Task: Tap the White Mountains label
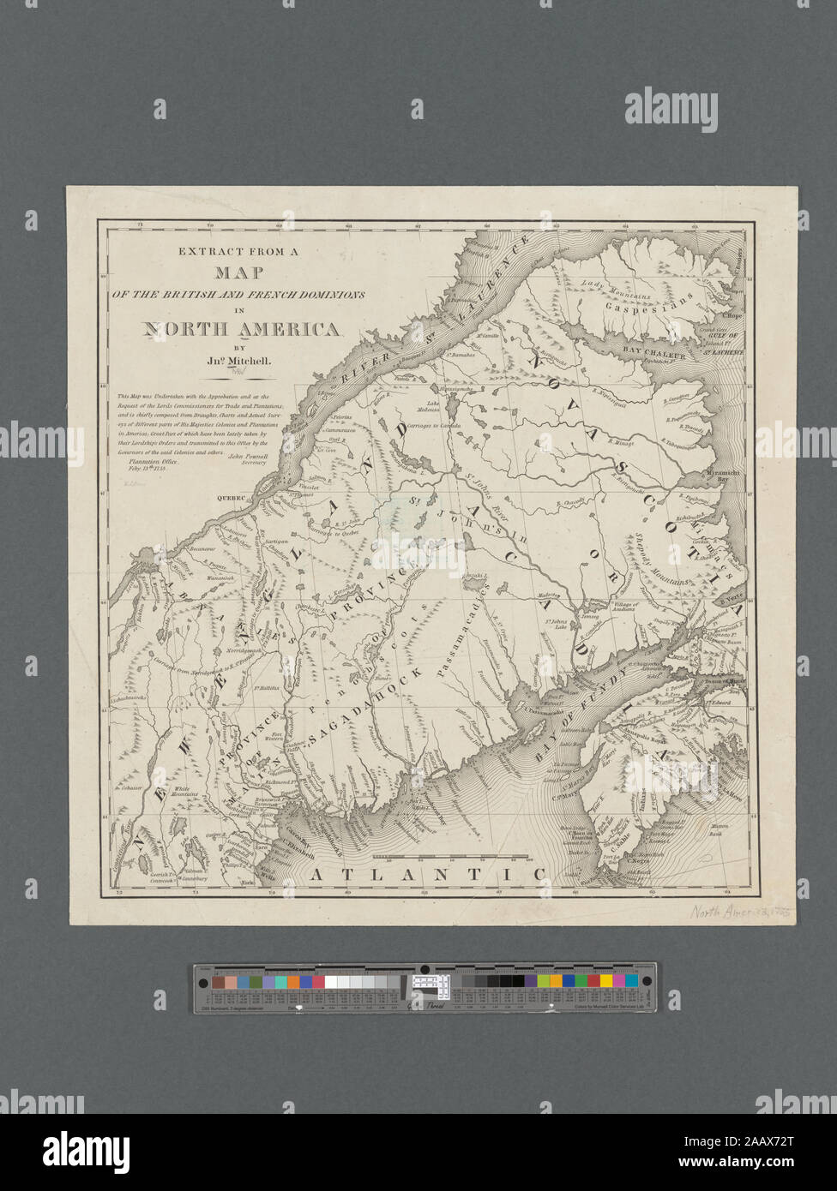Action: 186,793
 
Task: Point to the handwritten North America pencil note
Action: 729,913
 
